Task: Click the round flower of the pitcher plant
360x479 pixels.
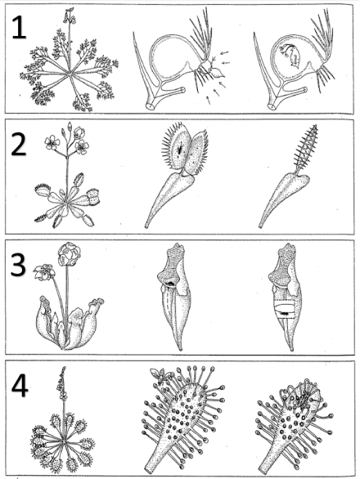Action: tap(70, 257)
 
